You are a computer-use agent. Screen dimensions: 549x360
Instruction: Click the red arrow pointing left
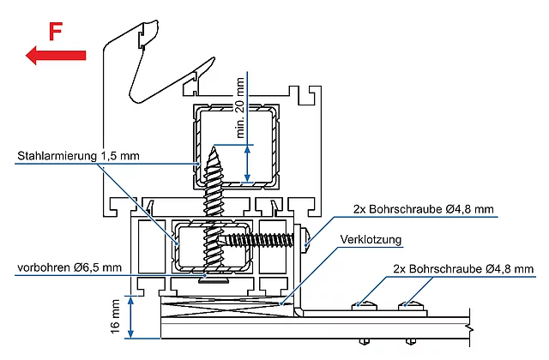[56, 55]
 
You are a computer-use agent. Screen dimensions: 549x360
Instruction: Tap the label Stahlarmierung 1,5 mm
[78, 156]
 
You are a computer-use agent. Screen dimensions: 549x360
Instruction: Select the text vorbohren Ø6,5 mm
[69, 268]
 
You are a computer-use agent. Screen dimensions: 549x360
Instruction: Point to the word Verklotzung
[371, 240]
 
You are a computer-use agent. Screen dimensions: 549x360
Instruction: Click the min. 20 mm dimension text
[240, 108]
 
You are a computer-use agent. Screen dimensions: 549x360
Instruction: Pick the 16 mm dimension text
[115, 316]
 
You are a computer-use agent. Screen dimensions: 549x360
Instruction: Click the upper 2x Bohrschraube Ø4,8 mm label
[423, 209]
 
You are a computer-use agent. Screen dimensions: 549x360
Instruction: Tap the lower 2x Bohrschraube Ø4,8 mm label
[463, 268]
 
